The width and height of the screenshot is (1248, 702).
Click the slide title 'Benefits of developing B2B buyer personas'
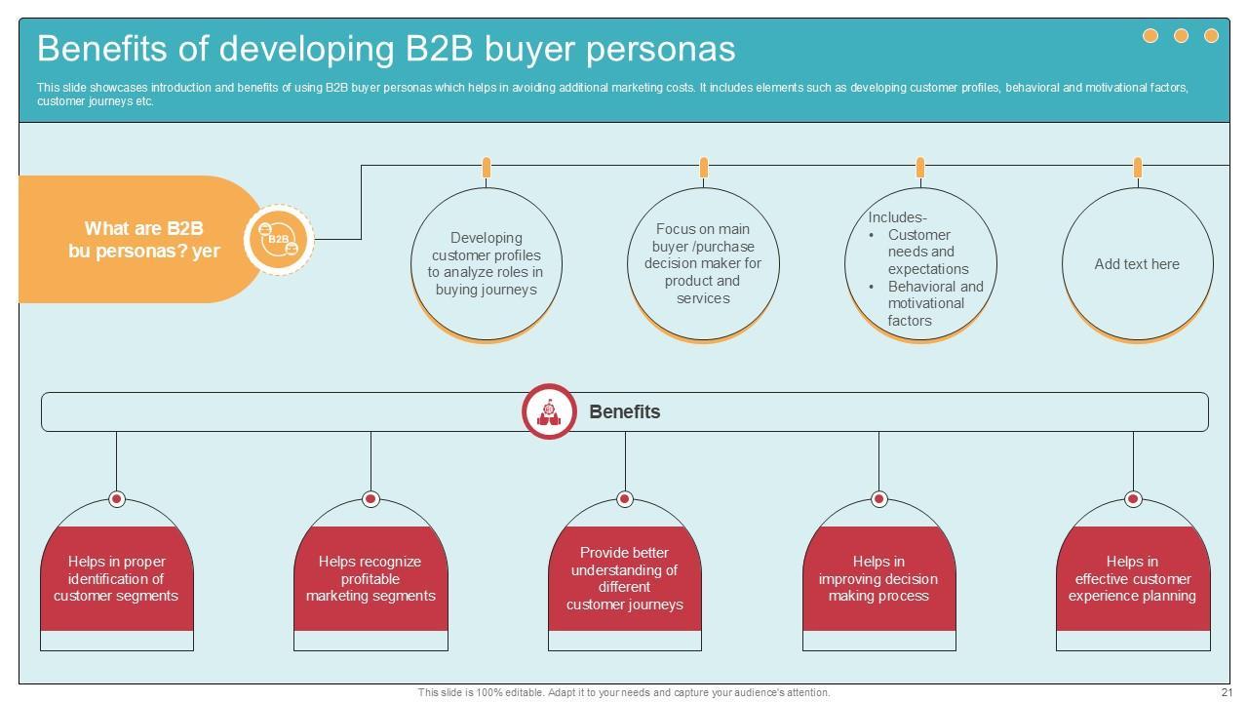tap(386, 49)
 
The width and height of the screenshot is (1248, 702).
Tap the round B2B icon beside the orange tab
tap(279, 239)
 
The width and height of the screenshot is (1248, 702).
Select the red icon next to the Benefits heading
tap(549, 411)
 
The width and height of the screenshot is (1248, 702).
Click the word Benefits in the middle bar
tap(625, 411)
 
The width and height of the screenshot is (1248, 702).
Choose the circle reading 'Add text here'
tap(1137, 264)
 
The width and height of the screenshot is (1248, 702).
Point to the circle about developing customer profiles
tap(486, 263)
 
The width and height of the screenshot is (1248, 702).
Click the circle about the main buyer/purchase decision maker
tap(703, 263)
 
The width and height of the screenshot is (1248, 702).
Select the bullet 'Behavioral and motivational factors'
tap(934, 303)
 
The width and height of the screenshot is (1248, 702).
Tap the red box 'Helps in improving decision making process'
tap(878, 578)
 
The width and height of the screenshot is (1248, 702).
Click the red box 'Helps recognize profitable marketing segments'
tap(370, 578)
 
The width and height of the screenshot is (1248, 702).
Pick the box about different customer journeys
tap(625, 578)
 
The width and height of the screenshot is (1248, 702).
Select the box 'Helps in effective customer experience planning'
tap(1132, 578)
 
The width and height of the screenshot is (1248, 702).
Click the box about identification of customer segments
tap(116, 578)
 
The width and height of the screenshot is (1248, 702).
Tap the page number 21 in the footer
tap(1226, 692)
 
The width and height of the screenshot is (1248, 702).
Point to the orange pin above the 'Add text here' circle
tap(1137, 168)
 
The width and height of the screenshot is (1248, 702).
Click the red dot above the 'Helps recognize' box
tap(370, 499)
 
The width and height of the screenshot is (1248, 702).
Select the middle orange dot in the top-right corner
tap(1181, 36)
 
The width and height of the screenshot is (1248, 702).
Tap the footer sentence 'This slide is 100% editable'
tap(624, 692)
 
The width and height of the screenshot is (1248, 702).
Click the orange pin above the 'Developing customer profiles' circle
tap(486, 168)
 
